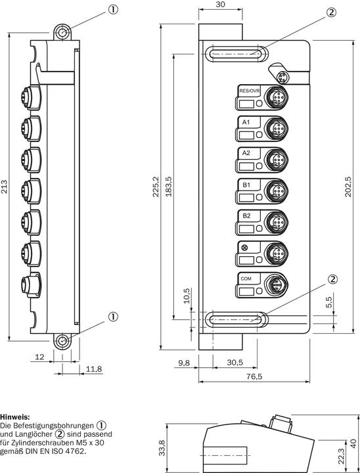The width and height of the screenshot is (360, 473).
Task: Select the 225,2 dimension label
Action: coord(156,187)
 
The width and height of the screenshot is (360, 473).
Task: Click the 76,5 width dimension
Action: coord(254,376)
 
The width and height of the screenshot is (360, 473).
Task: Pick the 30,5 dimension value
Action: coord(235,362)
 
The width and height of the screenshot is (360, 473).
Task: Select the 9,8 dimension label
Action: coord(183,362)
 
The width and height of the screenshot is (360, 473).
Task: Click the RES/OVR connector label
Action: coord(249,91)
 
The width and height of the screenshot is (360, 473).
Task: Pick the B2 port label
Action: coord(247,215)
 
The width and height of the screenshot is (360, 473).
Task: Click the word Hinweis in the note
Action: coord(14,417)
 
